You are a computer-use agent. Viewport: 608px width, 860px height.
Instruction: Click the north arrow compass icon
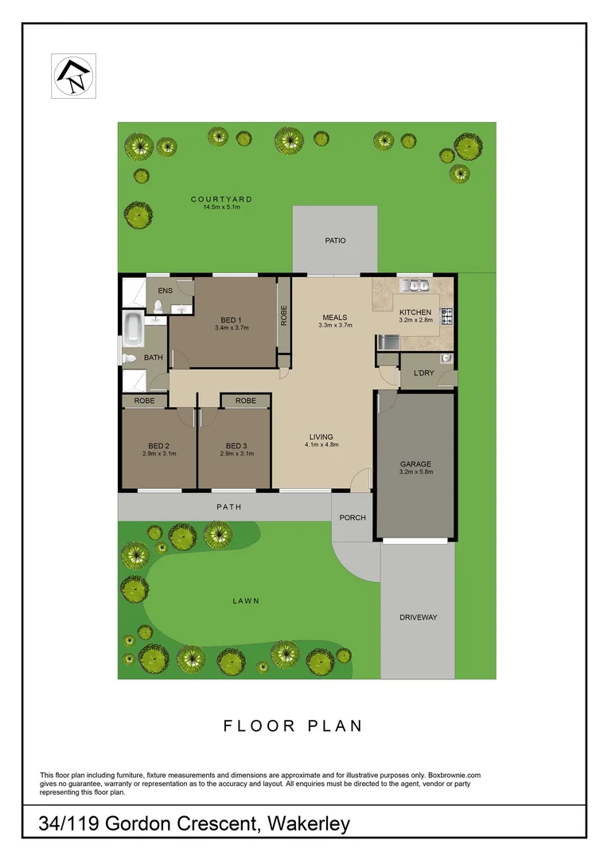pos(73,76)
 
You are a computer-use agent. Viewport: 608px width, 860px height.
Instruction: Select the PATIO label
pos(335,240)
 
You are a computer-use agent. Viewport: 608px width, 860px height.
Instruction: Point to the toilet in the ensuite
pos(158,306)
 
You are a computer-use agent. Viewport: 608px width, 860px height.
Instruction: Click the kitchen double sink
pos(415,284)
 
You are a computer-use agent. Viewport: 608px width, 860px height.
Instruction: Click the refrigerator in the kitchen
pos(388,342)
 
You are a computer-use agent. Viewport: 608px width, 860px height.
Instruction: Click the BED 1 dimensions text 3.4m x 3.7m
pos(232,327)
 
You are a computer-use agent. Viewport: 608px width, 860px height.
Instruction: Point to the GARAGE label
pos(415,463)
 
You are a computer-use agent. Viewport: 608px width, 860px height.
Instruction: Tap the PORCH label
pos(353,518)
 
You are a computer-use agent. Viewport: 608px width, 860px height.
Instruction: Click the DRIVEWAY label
pos(418,617)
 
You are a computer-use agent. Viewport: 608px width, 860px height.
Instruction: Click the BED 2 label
pos(158,445)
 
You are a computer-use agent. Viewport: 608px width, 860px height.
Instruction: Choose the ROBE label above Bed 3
pos(246,401)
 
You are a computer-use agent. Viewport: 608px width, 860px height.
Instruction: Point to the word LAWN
pos(247,601)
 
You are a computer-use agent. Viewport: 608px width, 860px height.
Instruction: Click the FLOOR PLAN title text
pos(293,725)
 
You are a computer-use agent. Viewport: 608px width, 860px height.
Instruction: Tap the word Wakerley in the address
pos(310,823)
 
